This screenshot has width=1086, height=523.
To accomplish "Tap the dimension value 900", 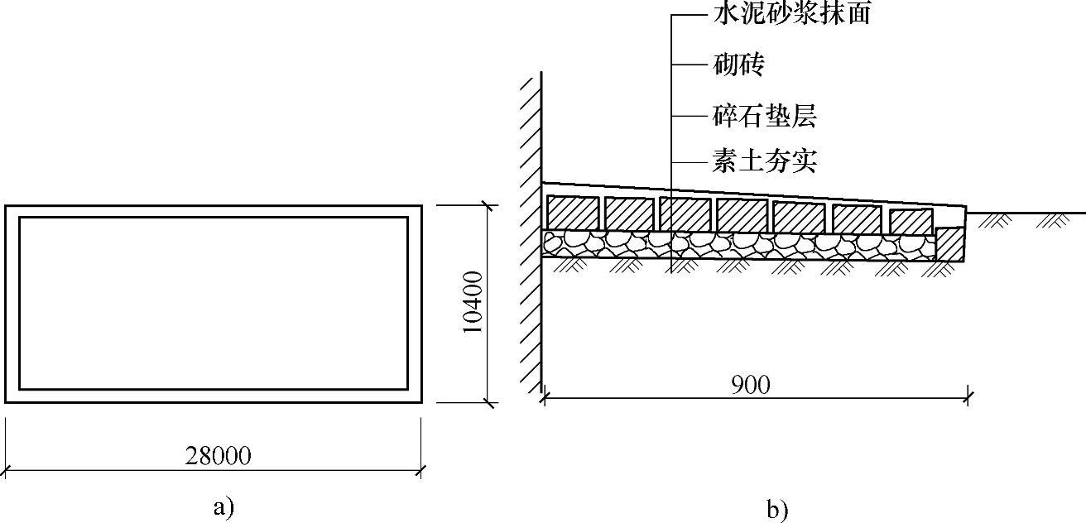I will click(752, 385).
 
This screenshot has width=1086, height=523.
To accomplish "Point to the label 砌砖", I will click(737, 65).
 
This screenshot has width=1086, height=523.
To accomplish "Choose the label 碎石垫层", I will click(764, 117).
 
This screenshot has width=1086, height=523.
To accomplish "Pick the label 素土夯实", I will click(764, 161).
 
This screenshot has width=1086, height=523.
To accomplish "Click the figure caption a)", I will click(219, 506).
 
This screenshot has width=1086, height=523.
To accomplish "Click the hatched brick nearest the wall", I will click(572, 213).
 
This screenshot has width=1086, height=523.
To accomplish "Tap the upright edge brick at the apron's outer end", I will click(950, 243).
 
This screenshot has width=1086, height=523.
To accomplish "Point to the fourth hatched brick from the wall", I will click(741, 215).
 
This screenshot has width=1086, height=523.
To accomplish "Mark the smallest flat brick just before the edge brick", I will click(911, 222).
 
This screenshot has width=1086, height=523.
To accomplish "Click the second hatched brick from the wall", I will click(629, 214).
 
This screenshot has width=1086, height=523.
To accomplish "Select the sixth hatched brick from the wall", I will click(856, 219).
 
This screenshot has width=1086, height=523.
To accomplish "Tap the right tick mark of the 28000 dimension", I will click(422, 472).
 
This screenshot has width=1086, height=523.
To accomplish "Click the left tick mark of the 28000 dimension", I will click(7, 472).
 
